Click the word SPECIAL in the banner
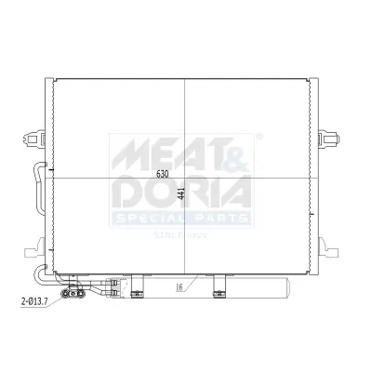pos(151,218)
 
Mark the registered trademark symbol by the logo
pos(259,136)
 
